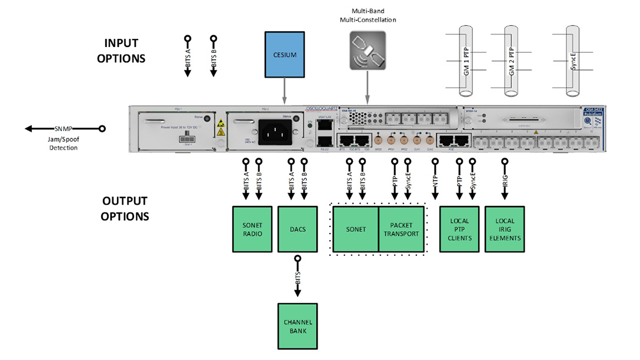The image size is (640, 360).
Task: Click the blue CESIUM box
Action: [285, 55]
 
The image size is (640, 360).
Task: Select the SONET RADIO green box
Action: [252, 229]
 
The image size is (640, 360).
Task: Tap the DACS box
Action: [297, 229]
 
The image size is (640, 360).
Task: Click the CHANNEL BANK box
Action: [297, 326]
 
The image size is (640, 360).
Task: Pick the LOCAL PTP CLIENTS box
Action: [460, 229]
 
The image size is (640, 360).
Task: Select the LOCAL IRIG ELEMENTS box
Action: [504, 229]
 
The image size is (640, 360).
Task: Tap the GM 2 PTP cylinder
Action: [511, 62]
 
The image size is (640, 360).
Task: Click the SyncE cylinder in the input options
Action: [573, 62]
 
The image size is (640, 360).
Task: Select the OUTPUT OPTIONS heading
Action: [125, 209]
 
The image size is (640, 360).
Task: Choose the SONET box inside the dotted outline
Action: [355, 229]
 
